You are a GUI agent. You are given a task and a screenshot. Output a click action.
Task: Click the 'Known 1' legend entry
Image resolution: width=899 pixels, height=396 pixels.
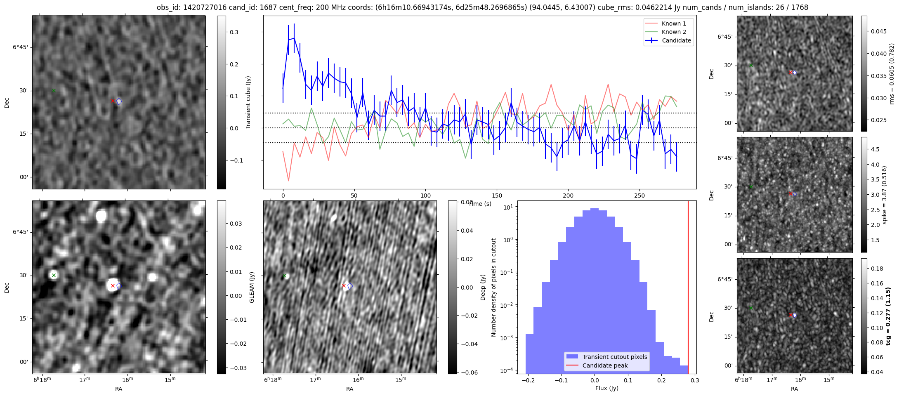(674, 24)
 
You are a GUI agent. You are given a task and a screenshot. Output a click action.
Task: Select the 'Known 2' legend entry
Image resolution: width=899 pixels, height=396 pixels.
(674, 32)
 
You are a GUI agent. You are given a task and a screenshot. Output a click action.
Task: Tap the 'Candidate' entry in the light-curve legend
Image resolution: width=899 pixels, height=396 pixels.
(676, 40)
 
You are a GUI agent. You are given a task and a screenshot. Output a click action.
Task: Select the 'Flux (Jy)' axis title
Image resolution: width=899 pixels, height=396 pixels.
(606, 388)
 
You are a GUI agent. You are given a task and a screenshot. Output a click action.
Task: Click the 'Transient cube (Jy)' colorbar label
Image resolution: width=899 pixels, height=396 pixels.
(248, 102)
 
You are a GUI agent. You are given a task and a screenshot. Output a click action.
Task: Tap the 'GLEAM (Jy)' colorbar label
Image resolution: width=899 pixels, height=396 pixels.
(252, 287)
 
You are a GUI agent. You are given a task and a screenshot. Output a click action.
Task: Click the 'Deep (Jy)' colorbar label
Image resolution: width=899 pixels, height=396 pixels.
(483, 287)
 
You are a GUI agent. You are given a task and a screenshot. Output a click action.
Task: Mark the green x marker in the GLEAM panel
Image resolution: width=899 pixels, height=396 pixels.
(54, 275)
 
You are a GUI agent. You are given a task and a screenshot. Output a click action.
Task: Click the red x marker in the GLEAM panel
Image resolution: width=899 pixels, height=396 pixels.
(113, 285)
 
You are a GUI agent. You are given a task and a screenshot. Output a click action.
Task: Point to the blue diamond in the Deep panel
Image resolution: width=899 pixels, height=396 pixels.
(350, 286)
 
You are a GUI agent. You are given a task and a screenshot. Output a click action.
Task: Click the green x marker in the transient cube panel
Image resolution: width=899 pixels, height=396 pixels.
(54, 90)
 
